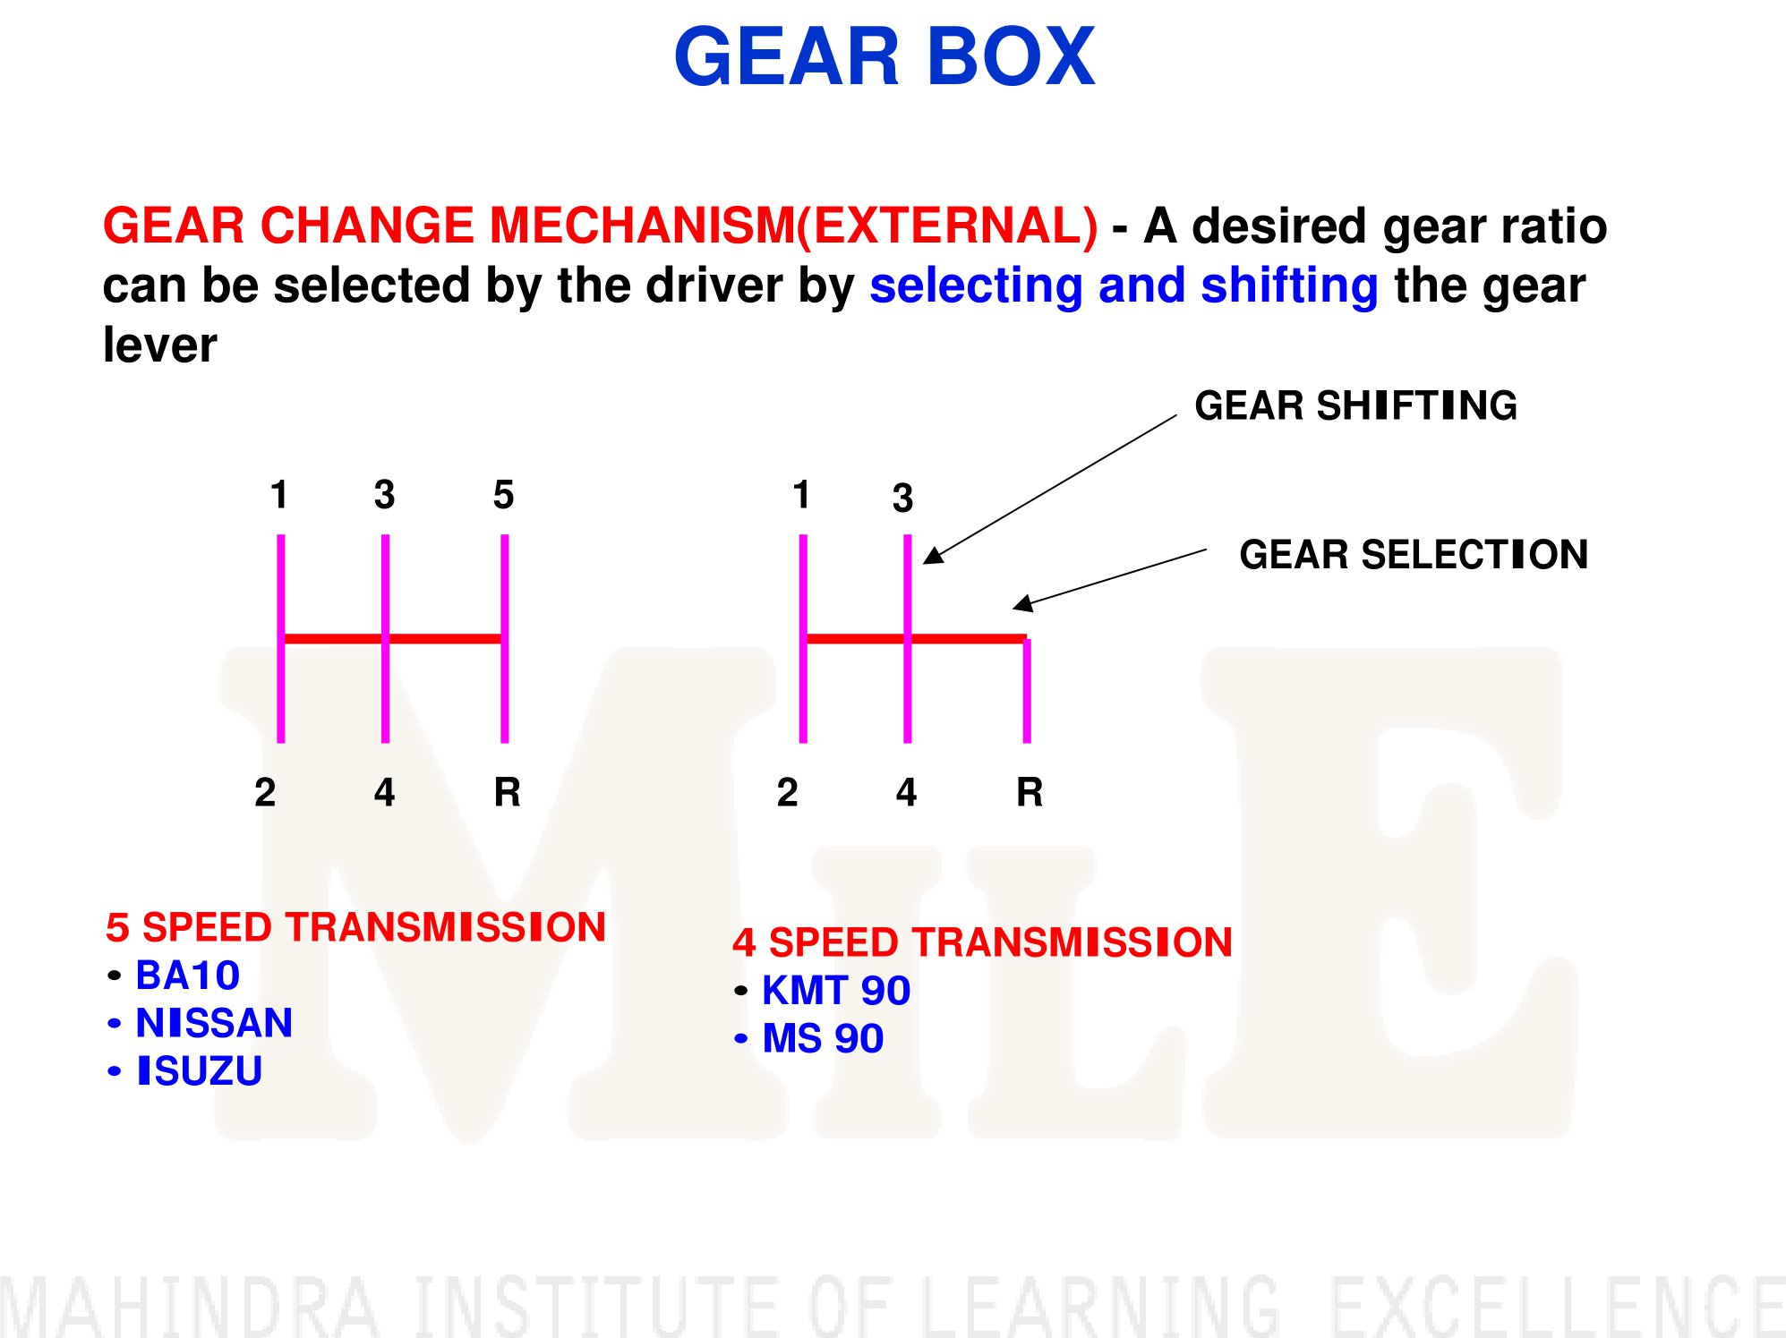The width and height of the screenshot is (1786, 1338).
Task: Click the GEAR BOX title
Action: pos(884,56)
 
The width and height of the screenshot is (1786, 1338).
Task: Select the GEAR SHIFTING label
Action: pos(1355,405)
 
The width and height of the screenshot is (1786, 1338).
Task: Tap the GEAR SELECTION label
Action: pos(1414,555)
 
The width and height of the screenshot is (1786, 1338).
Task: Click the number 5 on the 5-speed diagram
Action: pos(503,494)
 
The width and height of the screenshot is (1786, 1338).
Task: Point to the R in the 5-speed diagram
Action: pos(507,792)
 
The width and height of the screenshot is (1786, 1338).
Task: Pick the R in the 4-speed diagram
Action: pos(1030,792)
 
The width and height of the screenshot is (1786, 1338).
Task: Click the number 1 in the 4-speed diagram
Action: pos(802,494)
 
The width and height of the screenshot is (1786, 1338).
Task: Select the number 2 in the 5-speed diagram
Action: pos(265,792)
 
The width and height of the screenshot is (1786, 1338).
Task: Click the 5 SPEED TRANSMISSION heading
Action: pos(356,927)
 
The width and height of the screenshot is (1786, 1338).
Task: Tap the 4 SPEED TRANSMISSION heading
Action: pos(983,942)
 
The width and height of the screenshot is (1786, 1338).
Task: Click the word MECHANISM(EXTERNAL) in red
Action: pos(793,226)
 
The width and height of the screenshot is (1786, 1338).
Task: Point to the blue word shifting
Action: pos(1289,286)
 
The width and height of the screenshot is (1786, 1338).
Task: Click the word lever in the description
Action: pos(159,345)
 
